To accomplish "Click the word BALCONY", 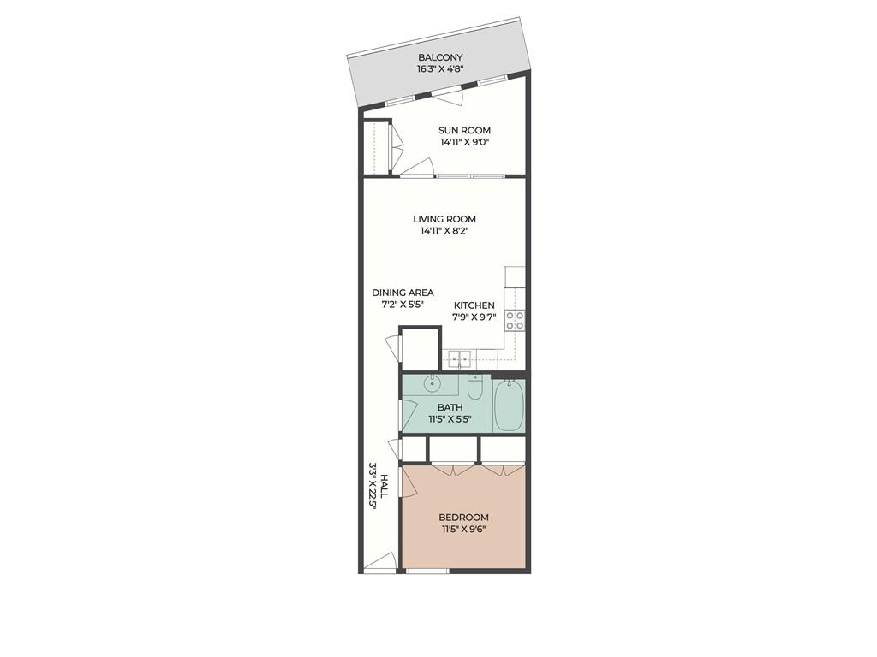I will (x=440, y=57).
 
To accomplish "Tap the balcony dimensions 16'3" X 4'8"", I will (x=440, y=69).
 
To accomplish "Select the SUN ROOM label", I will (x=465, y=131).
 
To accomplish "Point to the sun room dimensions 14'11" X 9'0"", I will (x=465, y=143).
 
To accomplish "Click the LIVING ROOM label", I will (x=444, y=219).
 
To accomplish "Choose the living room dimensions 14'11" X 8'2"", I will (x=444, y=231).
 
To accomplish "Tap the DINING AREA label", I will (x=403, y=293).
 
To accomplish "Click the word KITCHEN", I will (x=474, y=305).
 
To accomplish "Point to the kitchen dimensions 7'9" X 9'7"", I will (x=474, y=317).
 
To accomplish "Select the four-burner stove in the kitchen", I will (x=515, y=320).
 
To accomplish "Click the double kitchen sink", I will (x=459, y=361).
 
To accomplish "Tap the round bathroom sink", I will (x=432, y=383).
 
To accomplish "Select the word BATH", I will (x=450, y=407).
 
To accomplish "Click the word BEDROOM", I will (x=463, y=517).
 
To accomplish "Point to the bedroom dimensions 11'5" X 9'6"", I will (x=463, y=529).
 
